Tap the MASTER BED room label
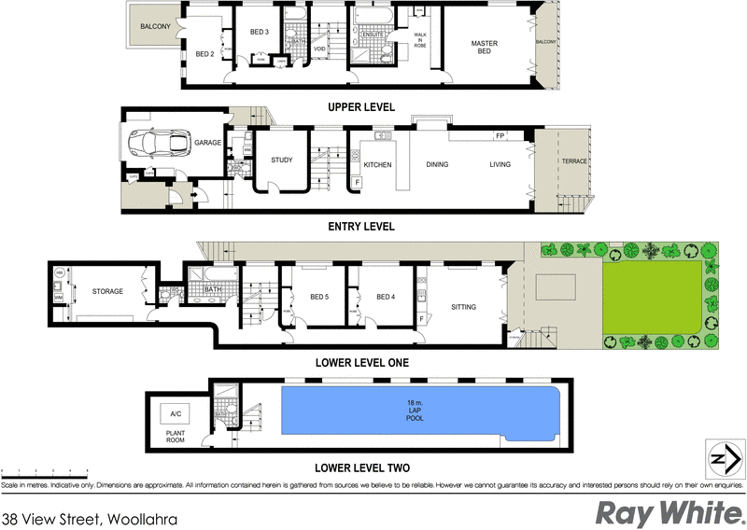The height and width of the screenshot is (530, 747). tap(484, 48)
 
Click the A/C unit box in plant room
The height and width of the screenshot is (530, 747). tap(174, 413)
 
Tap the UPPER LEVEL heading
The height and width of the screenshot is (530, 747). tap(360, 107)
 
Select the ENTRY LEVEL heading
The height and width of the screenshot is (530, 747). tap(360, 226)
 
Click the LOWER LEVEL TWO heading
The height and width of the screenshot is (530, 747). tap(360, 467)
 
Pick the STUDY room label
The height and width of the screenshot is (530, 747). tap(282, 160)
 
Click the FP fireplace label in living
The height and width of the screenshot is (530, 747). tap(500, 137)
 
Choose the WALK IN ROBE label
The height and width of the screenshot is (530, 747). tap(420, 39)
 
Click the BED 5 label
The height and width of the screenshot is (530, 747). tap(319, 298)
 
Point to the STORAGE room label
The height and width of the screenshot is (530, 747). tap(107, 292)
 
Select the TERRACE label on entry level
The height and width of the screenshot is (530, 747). tap(574, 161)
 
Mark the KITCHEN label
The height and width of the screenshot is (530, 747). tap(377, 165)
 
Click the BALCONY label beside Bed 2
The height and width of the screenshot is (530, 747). tap(155, 27)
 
